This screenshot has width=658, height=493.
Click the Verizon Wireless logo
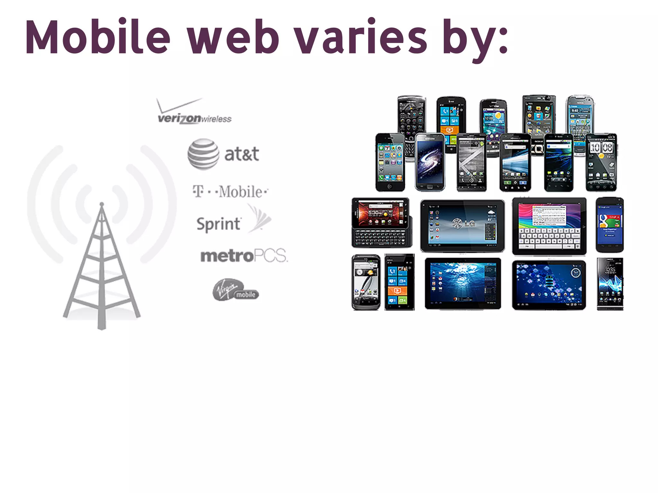coord(194,112)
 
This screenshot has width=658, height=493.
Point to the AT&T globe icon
coord(203,154)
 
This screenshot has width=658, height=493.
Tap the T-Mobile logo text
coord(230,192)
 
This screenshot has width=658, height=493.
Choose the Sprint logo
coord(233,221)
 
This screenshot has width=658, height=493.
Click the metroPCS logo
coord(244,256)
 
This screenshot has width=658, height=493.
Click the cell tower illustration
coord(102,263)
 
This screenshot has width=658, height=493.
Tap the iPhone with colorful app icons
coord(390,162)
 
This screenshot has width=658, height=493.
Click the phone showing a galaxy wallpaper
coord(430,162)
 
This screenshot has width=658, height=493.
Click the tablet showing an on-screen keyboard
coord(549,226)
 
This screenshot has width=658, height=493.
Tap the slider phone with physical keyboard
coord(381,223)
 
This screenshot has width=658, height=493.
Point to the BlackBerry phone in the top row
coord(411,122)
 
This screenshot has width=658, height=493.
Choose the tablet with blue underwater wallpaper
coord(463,283)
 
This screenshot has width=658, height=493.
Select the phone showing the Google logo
coord(609,225)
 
